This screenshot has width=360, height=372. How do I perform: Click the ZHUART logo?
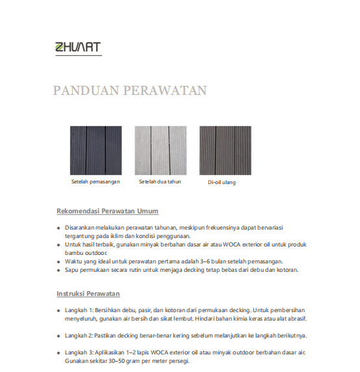[x=78, y=47]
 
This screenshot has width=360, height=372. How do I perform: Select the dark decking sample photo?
[x=96, y=150]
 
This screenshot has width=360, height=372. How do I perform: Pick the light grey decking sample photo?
[x=160, y=150]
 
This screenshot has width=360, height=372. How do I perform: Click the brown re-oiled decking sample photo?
[x=225, y=150]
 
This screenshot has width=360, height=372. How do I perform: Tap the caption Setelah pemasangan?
[x=96, y=181]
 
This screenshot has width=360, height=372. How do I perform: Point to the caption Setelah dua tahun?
[x=160, y=181]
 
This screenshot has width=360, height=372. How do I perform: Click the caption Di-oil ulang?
[x=222, y=182]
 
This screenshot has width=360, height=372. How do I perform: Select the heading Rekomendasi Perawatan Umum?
[x=108, y=211]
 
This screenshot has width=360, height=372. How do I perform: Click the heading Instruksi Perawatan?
[x=88, y=294]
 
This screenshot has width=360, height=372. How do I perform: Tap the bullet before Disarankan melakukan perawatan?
[x=58, y=228]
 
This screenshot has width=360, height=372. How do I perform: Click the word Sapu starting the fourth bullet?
[x=71, y=269]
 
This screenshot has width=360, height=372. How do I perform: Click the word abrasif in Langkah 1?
[x=296, y=319]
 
